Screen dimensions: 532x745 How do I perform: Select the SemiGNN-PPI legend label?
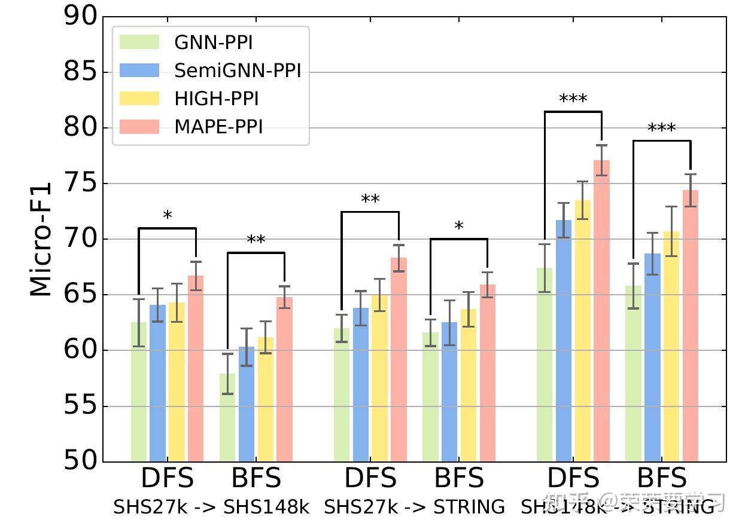(238, 71)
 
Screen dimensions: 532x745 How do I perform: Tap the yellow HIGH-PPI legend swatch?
(139, 99)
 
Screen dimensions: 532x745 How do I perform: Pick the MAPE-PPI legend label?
(218, 127)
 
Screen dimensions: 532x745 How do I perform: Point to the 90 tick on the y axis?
(80, 17)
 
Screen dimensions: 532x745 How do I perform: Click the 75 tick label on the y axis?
(80, 184)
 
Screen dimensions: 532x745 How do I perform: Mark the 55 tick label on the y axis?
(80, 406)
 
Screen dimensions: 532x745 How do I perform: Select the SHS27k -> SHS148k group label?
(211, 507)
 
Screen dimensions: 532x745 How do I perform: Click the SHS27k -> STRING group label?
(414, 507)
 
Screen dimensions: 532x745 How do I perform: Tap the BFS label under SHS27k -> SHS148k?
(256, 478)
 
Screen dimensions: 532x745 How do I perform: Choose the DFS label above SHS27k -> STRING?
(370, 478)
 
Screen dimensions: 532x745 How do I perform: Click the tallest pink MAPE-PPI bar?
(601, 311)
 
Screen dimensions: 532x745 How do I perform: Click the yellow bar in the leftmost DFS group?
(177, 382)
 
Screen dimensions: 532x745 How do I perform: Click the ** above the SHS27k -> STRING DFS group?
(370, 200)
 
